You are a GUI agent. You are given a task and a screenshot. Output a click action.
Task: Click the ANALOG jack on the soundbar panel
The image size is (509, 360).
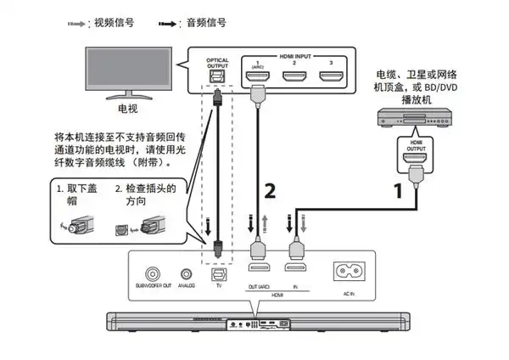click(x=184, y=273)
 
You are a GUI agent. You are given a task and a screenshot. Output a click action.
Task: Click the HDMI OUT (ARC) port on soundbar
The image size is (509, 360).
click(x=258, y=274)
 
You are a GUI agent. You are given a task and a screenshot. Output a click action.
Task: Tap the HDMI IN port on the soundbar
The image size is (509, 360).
click(x=296, y=274)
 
